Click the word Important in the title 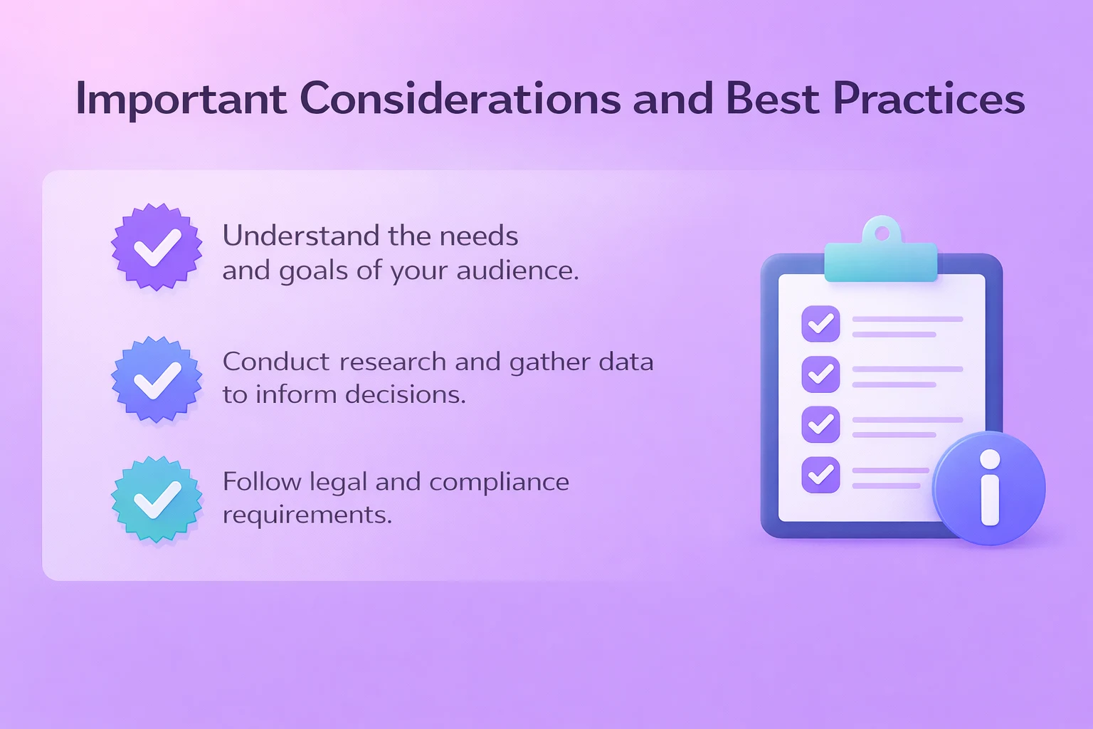[181, 98]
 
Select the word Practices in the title [929, 98]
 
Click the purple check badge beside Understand [157, 247]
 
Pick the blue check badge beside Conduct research [157, 379]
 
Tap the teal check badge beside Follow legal [157, 499]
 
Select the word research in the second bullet [393, 362]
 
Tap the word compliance [499, 482]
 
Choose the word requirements [307, 515]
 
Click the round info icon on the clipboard [989, 488]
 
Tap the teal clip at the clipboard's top [881, 253]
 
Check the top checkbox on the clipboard [820, 324]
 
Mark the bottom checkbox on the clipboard [820, 474]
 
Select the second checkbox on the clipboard [820, 374]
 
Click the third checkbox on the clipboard [820, 424]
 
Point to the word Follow [262, 482]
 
